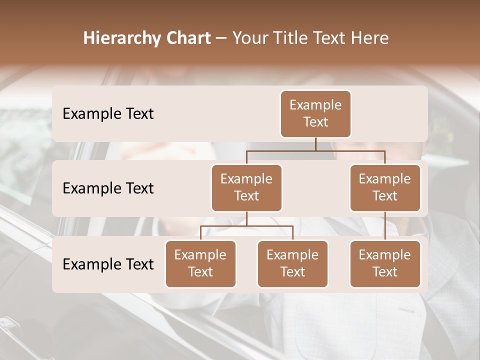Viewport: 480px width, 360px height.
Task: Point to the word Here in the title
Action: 369,38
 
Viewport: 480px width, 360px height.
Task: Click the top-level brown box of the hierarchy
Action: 315,114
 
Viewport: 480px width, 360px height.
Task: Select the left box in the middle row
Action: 246,188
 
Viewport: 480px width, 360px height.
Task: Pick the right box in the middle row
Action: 385,188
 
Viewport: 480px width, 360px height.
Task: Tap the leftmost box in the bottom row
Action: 200,264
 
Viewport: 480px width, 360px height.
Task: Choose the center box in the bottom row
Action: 292,264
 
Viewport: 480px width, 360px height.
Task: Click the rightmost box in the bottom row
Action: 385,264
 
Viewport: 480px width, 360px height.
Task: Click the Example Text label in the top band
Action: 108,114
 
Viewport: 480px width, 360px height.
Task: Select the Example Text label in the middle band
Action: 108,188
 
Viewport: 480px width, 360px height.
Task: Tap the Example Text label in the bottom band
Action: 108,264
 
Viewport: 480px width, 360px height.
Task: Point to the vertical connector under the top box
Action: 315,144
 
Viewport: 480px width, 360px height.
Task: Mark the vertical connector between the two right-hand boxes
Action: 385,226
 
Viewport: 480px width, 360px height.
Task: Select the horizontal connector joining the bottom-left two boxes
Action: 246,226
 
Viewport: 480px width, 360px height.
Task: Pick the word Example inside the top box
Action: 315,105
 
